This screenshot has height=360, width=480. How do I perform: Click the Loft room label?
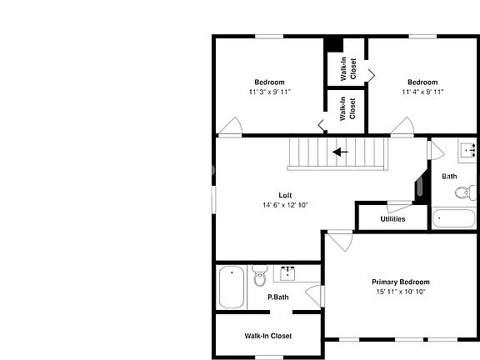(x=285, y=195)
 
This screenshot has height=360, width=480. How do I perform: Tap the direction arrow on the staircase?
(x=340, y=152)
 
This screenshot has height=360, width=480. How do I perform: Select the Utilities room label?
(x=392, y=219)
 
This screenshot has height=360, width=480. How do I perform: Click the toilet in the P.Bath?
(x=260, y=276)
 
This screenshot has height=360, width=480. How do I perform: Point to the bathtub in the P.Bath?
(x=232, y=287)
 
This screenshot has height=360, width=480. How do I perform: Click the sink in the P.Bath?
(x=287, y=273)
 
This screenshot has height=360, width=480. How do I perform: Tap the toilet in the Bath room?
(x=465, y=192)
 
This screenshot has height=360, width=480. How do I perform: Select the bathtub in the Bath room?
(x=453, y=218)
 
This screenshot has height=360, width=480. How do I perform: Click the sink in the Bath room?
(x=468, y=151)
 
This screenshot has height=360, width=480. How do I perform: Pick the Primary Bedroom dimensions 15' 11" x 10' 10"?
(x=401, y=292)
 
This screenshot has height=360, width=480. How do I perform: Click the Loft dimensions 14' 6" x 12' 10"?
(x=285, y=205)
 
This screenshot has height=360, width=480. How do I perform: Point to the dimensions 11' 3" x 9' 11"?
(x=269, y=92)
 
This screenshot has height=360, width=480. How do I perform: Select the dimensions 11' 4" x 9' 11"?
(x=422, y=92)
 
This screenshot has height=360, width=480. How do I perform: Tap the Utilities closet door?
(x=399, y=206)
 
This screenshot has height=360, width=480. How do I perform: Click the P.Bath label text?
(x=278, y=297)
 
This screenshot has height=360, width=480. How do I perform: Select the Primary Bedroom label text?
(x=401, y=282)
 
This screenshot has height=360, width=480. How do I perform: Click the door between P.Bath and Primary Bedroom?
(x=315, y=296)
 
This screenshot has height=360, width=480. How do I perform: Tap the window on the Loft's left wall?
(x=214, y=199)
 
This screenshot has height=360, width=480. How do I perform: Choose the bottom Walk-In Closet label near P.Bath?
(x=268, y=336)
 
